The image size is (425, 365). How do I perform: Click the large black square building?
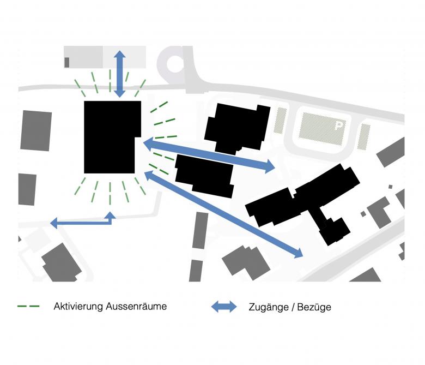(x=111, y=136)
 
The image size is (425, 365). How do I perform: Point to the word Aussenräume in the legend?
(x=138, y=306)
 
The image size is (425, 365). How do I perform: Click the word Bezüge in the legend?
(x=315, y=307)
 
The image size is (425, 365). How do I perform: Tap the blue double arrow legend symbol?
(x=224, y=307)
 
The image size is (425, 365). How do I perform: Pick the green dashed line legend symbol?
(x=28, y=306)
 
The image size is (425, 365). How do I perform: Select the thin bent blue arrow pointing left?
(x=82, y=221)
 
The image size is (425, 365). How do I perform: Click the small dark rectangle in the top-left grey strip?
(x=66, y=62)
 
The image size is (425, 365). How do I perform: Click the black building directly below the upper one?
(x=205, y=175)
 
